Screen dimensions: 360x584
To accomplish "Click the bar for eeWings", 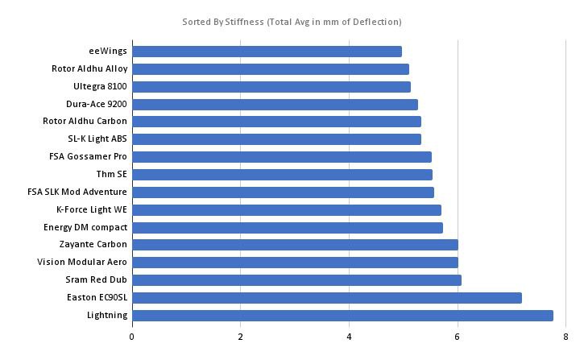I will (266, 52).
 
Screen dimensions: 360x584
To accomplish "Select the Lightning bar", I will (342, 315).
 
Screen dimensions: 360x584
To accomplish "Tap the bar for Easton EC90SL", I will (326, 297).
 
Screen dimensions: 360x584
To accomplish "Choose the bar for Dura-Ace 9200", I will (274, 104).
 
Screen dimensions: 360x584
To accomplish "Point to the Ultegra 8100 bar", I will (271, 86).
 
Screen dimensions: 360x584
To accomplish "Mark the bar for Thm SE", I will (281, 174).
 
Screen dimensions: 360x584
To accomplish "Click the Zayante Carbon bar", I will (294, 244).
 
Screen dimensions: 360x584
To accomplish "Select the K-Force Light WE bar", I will (286, 209).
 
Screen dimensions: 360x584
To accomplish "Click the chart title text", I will (292, 22).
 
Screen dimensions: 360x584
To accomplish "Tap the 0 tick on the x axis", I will (131, 336).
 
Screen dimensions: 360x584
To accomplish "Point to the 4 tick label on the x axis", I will (350, 336).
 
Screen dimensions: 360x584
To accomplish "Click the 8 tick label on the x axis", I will (566, 336).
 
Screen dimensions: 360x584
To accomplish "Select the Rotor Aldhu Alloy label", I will (89, 69).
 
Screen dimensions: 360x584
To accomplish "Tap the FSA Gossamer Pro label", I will (88, 156).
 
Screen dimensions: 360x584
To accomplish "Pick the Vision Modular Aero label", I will (82, 262).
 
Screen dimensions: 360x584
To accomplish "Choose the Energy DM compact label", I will (85, 227).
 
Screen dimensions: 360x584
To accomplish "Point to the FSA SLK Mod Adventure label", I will (77, 192).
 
